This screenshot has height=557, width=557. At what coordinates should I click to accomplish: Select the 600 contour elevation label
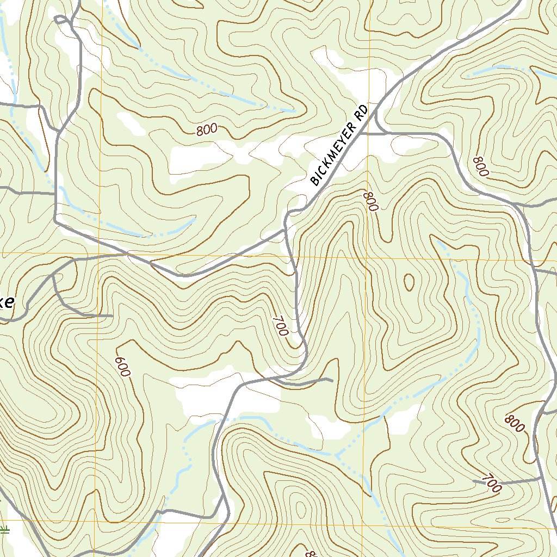(123, 367)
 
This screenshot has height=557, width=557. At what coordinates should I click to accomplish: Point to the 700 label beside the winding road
(280, 326)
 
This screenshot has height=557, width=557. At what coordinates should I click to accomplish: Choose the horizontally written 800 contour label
(207, 129)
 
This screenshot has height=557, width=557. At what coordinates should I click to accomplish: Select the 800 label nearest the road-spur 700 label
(515, 423)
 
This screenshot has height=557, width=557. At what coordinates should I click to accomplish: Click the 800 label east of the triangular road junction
(480, 166)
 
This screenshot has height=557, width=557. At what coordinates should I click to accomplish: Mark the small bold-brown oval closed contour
(408, 281)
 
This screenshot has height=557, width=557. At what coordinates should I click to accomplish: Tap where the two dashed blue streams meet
(337, 455)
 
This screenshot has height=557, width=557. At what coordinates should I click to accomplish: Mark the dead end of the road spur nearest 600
(112, 315)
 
